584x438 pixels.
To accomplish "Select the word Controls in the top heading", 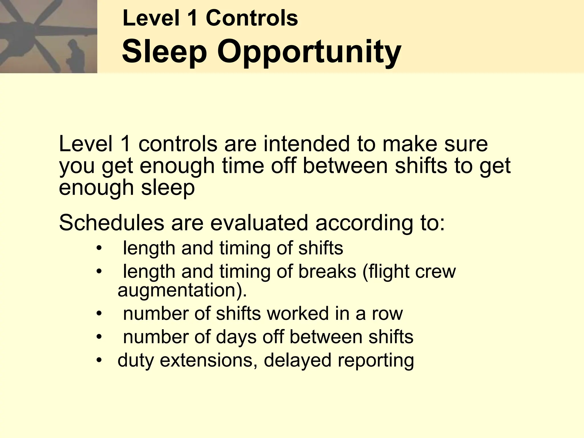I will click(252, 18).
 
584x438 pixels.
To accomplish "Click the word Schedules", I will click(111, 223).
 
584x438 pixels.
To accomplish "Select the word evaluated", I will click(259, 223).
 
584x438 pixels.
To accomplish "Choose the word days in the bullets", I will click(236, 337).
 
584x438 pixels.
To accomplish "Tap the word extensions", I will click(206, 360).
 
